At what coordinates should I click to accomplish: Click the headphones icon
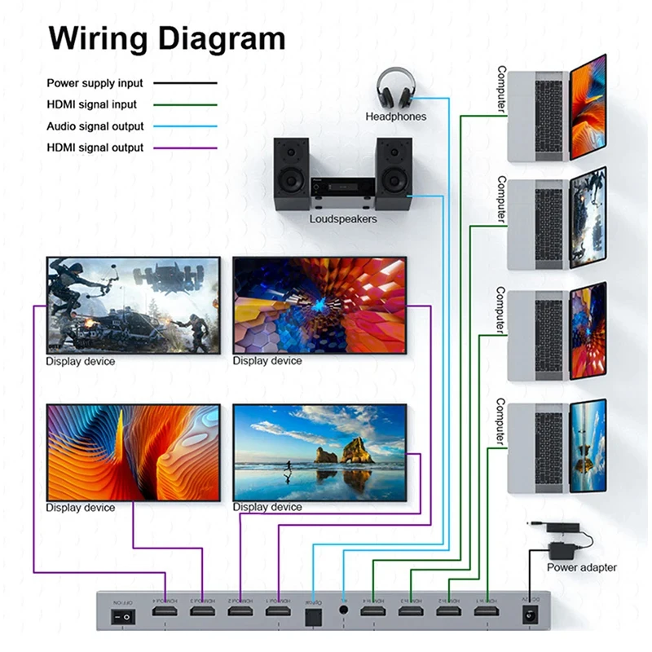pos(395,89)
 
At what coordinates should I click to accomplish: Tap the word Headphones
pos(395,117)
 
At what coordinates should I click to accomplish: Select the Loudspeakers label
pos(343,219)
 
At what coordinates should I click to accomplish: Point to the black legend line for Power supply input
pos(187,83)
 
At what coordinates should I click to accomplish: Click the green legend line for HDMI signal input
pos(187,104)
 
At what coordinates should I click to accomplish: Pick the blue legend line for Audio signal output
pos(187,126)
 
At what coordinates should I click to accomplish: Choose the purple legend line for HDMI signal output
pos(187,148)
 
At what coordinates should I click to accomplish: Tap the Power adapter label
pos(581,567)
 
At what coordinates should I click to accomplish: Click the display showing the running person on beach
pos(319,452)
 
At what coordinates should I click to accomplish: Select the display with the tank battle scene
pos(134,305)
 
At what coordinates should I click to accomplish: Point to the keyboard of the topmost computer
pos(548,114)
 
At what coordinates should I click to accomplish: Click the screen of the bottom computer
pos(588,446)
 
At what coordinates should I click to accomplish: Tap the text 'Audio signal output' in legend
pos(95,126)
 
